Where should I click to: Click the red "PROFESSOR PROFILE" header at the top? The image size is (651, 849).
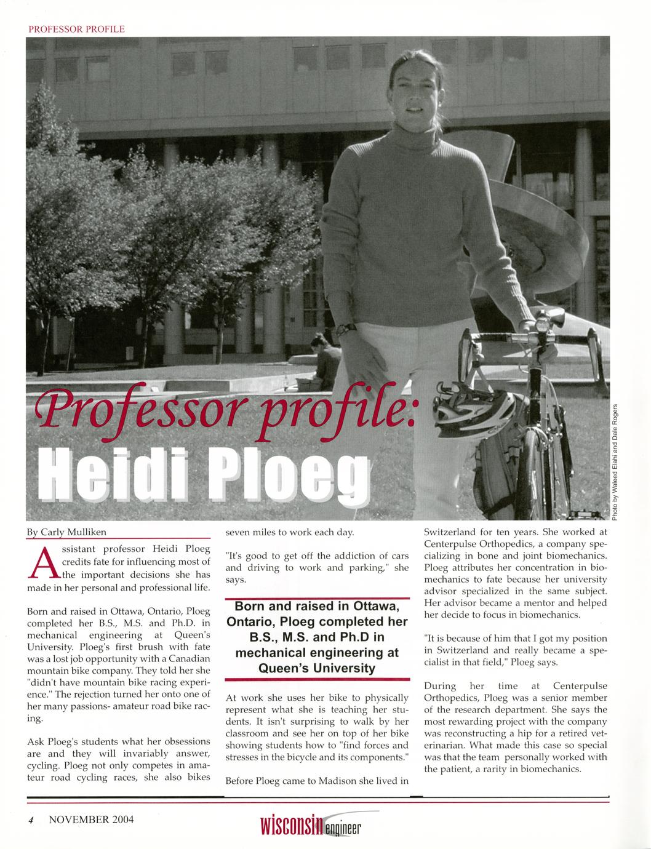pyautogui.click(x=77, y=29)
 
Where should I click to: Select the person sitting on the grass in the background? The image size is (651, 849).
pyautogui.click(x=325, y=363)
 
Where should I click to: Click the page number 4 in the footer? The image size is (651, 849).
pyautogui.click(x=30, y=820)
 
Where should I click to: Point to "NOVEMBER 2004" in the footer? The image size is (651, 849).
pyautogui.click(x=91, y=819)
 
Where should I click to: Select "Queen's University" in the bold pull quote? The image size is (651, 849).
pyautogui.click(x=317, y=668)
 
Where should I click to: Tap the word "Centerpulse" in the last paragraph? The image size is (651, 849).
pyautogui.click(x=580, y=686)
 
